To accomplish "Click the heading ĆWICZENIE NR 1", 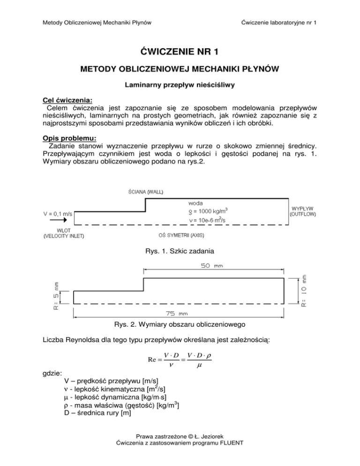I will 180,52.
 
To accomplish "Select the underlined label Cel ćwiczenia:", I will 59,99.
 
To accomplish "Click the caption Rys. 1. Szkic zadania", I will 180,251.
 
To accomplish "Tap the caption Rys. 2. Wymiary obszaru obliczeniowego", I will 180,324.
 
